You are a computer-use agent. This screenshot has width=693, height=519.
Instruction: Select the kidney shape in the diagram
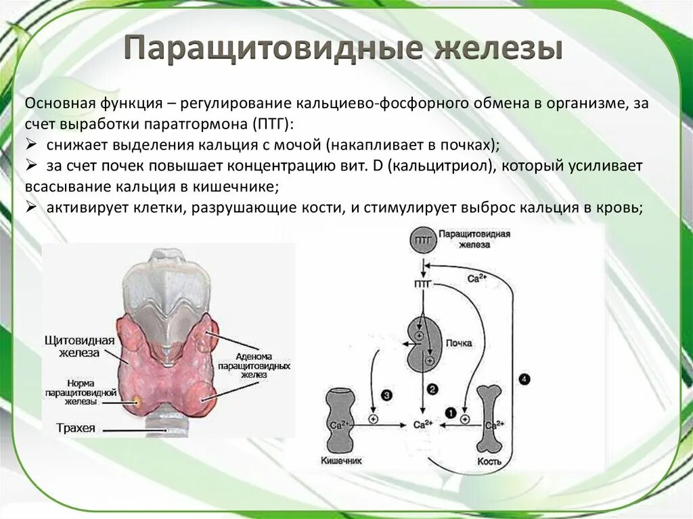click(424, 344)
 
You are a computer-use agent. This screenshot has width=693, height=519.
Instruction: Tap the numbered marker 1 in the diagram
click(450, 412)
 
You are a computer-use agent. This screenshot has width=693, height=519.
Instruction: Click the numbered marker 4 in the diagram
click(525, 379)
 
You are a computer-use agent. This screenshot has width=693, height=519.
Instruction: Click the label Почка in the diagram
click(459, 344)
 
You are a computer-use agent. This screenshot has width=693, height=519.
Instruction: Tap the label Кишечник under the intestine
click(342, 461)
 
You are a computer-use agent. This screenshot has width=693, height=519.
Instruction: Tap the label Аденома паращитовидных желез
click(253, 365)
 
